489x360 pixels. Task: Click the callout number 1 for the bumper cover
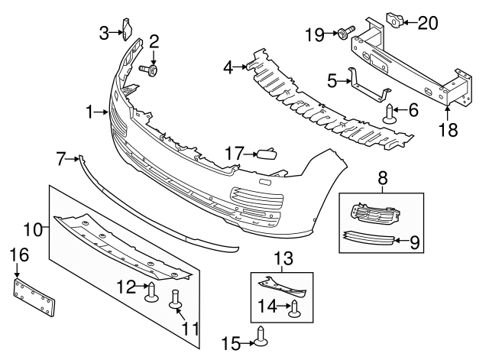pyautogui.click(x=91, y=113)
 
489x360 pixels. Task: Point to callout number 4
pyautogui.click(x=228, y=68)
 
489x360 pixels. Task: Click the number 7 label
pyautogui.click(x=61, y=159)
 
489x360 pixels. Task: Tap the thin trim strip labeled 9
pyautogui.click(x=370, y=238)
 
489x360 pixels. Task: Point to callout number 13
pyautogui.click(x=282, y=258)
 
